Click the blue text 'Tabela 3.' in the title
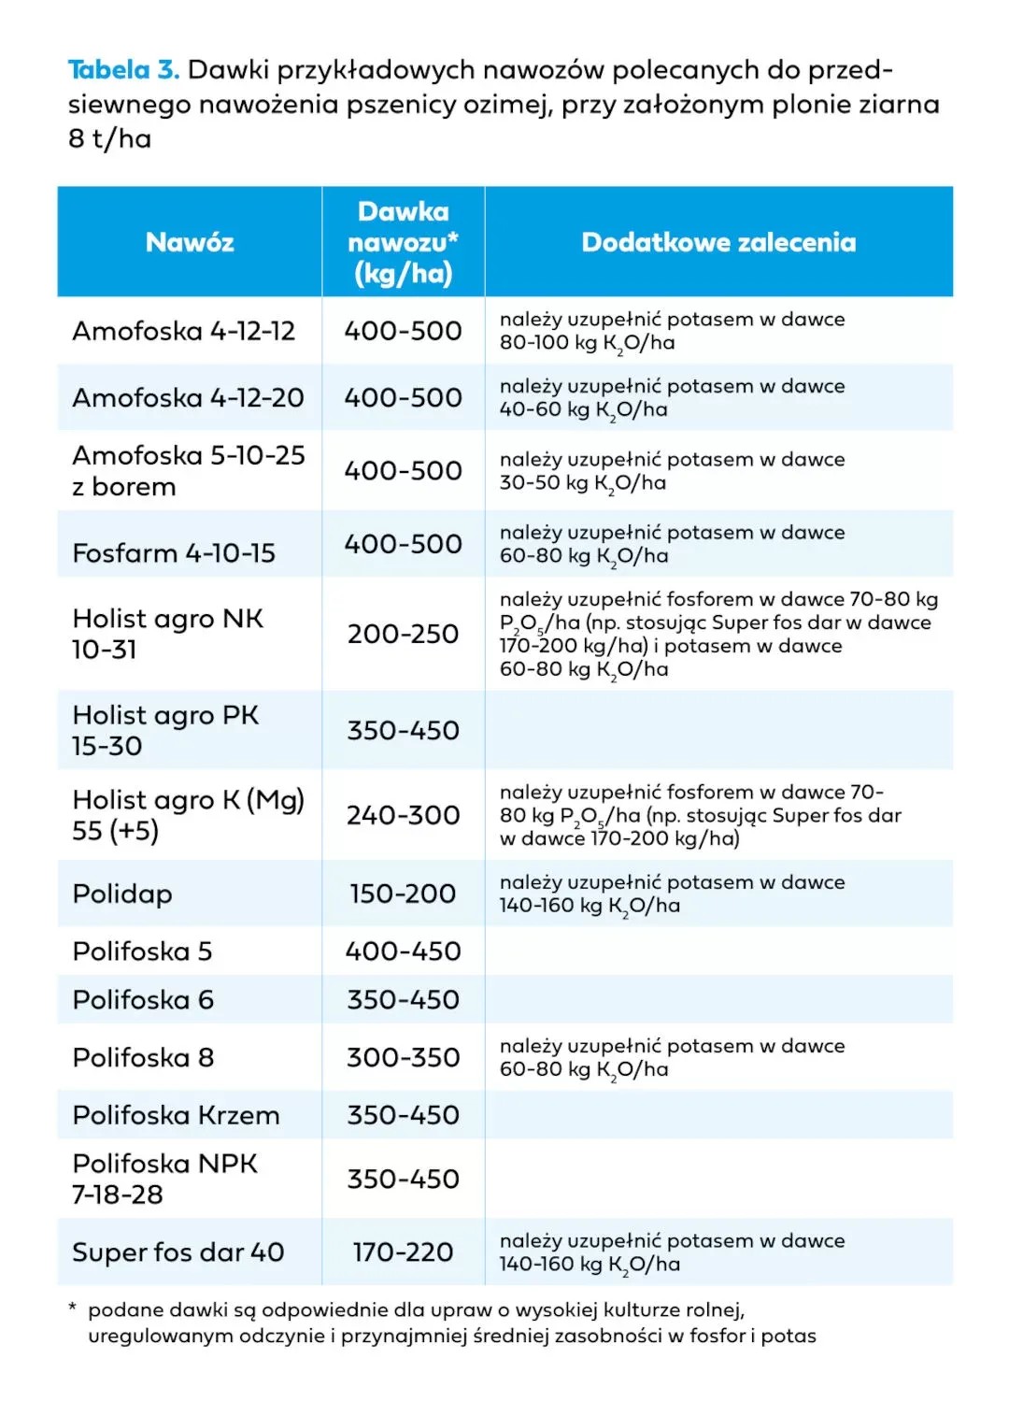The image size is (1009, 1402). pos(122,70)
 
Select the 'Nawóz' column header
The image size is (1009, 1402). pos(190,243)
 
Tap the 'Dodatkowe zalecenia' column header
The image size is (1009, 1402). pos(718,243)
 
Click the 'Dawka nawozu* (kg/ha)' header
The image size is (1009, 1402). pos(403,243)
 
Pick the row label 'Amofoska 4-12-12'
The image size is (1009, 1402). pos(184,331)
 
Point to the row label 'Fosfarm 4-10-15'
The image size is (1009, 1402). pos(174,553)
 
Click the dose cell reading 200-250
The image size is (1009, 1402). pos(403,635)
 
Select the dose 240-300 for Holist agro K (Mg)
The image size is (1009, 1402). pos(403,816)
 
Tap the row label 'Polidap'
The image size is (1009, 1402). pos(122,894)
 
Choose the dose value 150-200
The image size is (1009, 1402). pos(403,894)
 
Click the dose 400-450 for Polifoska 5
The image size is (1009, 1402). pos(403,951)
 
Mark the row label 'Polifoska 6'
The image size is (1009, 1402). pos(143,1000)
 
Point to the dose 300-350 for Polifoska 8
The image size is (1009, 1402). pos(403,1058)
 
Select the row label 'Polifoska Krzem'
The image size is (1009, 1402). pos(176,1115)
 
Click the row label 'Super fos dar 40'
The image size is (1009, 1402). pos(178,1252)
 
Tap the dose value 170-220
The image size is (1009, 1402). pos(403,1252)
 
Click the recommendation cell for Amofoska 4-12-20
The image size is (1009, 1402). pos(672,398)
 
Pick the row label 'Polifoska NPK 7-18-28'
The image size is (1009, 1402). pos(164,1180)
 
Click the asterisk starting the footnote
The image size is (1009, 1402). pos(73,1308)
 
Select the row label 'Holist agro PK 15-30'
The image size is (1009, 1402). pos(165,731)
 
